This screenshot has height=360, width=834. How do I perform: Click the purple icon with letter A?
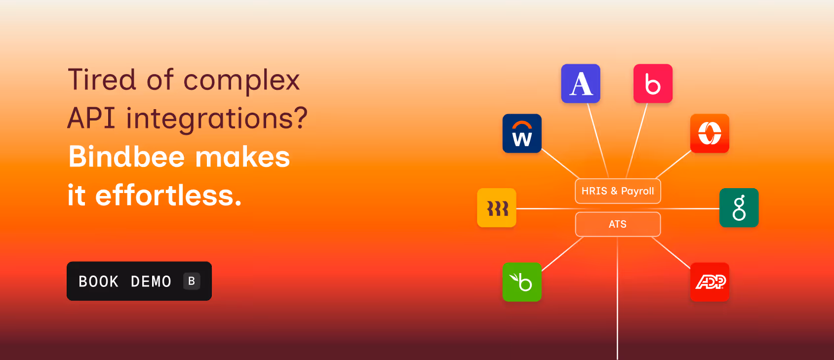(x=581, y=83)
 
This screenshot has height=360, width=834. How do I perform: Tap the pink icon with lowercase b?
(x=653, y=83)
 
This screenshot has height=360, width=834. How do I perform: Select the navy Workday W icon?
(x=522, y=133)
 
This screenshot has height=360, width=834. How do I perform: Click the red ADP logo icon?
(x=710, y=282)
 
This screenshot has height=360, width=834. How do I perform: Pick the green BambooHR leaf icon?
(x=522, y=282)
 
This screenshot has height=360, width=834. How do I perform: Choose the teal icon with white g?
(x=739, y=208)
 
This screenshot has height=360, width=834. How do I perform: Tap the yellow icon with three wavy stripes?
(x=497, y=208)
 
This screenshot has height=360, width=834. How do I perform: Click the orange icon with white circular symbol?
(x=710, y=133)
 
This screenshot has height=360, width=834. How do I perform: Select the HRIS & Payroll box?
(x=618, y=191)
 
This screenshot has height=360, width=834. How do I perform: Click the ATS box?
(x=618, y=224)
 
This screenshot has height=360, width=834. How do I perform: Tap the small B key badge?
(x=192, y=281)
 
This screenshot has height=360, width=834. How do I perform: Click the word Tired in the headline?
(x=102, y=80)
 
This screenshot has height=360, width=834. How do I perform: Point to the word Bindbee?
(x=126, y=157)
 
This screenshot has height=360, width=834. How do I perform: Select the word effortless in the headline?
(x=168, y=195)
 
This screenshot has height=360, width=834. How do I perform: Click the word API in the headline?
(x=91, y=118)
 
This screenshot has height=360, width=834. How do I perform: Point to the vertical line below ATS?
(x=617, y=298)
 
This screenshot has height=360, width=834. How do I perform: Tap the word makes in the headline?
(x=242, y=157)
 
